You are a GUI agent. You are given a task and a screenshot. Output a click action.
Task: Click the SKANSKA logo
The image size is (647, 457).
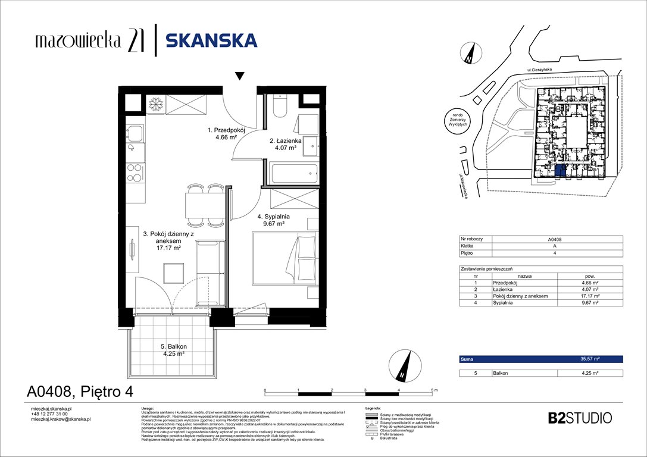pyautogui.click(x=211, y=40)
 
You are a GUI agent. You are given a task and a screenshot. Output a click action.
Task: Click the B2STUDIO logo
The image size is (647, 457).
pyautogui.click(x=579, y=418)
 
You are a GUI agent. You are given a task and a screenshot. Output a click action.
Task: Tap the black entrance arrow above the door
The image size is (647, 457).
pyautogui.click(x=239, y=76)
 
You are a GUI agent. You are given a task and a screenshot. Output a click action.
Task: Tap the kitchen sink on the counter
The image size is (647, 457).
pyautogui.click(x=135, y=134)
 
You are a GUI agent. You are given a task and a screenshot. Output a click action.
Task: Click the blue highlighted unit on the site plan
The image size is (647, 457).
pyautogui.click(x=560, y=171)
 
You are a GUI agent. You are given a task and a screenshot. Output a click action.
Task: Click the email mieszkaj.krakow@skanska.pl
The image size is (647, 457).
pyautogui.click(x=60, y=420)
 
